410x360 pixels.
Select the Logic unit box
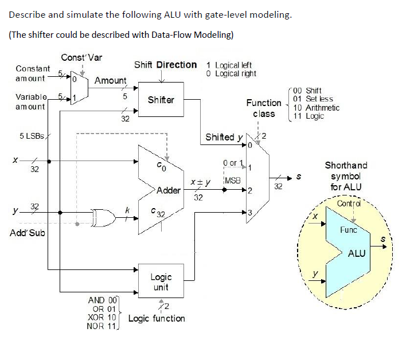click(x=161, y=282)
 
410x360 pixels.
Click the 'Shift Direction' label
click(x=165, y=65)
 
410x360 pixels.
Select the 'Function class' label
click(x=264, y=108)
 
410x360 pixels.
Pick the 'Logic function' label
click(x=157, y=318)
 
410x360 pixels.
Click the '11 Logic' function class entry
click(x=308, y=116)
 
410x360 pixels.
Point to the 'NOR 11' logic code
click(x=101, y=326)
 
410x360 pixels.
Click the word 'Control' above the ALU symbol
click(x=349, y=204)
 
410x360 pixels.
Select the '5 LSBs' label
click(x=32, y=136)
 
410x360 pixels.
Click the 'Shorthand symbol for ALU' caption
click(x=346, y=176)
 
